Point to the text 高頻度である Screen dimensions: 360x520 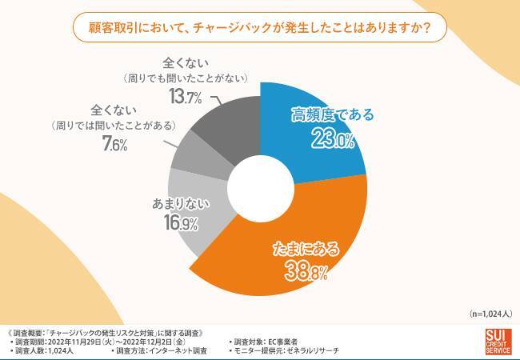point(330,117)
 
